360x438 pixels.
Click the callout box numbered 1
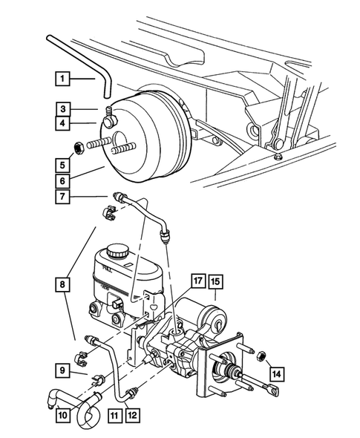tap(63, 77)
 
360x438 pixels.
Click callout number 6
tap(63, 180)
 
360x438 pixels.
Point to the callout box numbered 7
tap(63, 197)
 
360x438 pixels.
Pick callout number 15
tap(215, 281)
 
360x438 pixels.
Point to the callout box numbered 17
tap(197, 281)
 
